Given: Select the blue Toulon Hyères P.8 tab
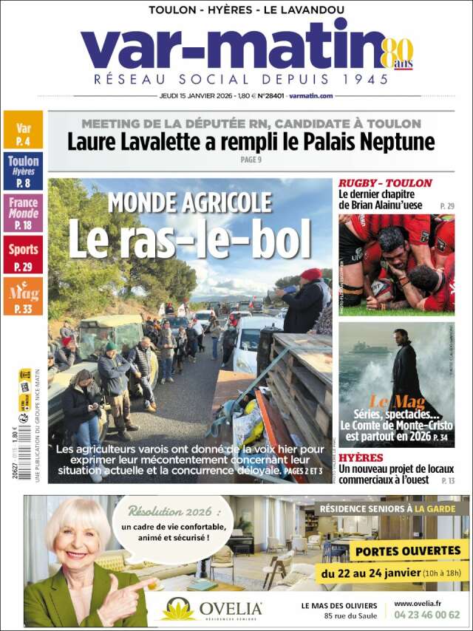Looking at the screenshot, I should pos(23,171).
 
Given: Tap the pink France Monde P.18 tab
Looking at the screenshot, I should pos(23,212).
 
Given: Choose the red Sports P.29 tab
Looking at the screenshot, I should pos(23,254).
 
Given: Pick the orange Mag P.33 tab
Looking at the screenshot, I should pos(23,296).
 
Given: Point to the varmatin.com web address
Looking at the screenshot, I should pos(310,95).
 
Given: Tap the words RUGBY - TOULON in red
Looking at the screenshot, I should pos(385,183).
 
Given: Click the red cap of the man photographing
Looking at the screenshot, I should pos(311,273).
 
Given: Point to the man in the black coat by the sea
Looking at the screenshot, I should pos(405,369).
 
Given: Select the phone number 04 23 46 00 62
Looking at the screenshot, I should pos(427,615).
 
